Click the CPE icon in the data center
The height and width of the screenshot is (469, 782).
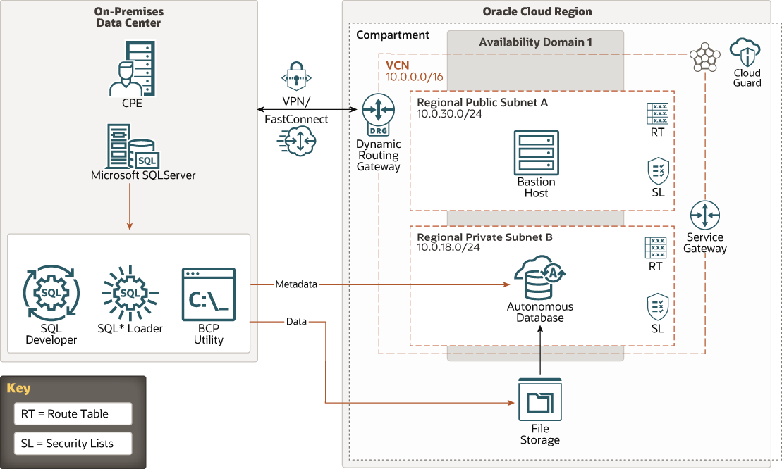click(132, 68)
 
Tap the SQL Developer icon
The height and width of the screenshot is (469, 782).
click(51, 294)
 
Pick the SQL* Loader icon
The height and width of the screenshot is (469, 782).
click(130, 292)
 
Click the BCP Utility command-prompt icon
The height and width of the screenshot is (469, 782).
click(208, 294)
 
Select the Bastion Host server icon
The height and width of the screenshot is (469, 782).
click(536, 152)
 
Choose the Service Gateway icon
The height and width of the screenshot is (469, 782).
click(705, 215)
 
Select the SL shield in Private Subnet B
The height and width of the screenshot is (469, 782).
click(657, 308)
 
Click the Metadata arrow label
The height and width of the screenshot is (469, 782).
click(296, 284)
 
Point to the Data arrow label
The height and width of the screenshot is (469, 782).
click(296, 322)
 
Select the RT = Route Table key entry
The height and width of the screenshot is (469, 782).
click(73, 414)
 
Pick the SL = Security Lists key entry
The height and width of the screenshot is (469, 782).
click(73, 444)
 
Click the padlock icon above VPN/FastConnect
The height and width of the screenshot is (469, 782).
click(296, 75)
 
